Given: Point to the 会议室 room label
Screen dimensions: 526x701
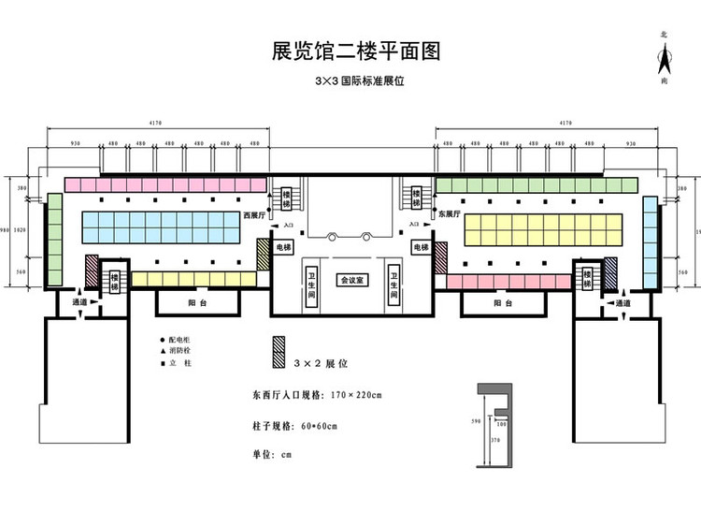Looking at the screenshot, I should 352,280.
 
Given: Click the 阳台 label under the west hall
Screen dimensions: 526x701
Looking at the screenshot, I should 197,303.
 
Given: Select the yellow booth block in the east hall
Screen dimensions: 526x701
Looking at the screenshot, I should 542,226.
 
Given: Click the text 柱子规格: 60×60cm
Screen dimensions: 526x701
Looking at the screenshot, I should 294,427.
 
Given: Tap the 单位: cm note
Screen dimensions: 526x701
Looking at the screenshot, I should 273,455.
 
